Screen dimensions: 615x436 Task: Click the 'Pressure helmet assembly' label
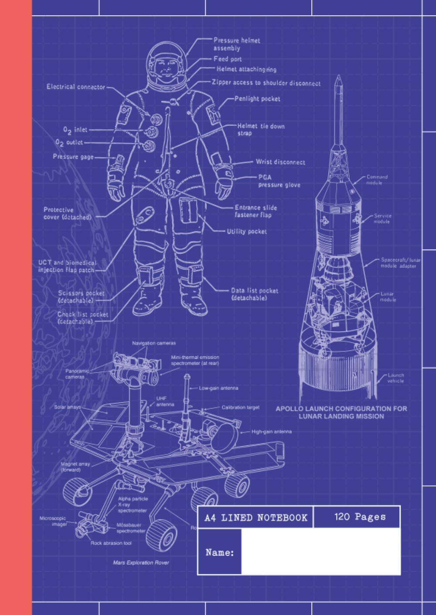tap(236, 44)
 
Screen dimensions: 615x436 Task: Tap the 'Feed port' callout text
tap(227, 59)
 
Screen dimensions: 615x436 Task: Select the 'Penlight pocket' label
tap(257, 99)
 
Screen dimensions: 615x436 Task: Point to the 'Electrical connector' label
tap(76, 87)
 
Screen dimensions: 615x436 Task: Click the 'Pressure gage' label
tap(73, 157)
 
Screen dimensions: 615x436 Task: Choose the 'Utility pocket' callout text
tap(246, 232)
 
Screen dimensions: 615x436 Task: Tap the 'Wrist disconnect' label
tap(280, 162)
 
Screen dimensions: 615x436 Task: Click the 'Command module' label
tap(377, 180)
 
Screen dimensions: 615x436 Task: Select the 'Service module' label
tap(382, 218)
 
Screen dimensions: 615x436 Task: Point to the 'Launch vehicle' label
tap(396, 378)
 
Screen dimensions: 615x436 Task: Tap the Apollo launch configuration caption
tap(341, 412)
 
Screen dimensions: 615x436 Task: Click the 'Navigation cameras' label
tap(154, 343)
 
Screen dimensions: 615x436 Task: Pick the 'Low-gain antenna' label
tap(218, 388)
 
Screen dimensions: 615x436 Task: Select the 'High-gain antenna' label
tap(271, 432)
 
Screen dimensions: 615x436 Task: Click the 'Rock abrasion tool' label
tap(111, 543)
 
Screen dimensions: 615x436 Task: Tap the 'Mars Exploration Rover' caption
tap(141, 563)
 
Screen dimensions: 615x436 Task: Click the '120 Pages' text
tap(360, 517)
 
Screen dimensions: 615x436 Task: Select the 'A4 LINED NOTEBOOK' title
tap(256, 518)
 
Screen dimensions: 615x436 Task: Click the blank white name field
tap(320, 552)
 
